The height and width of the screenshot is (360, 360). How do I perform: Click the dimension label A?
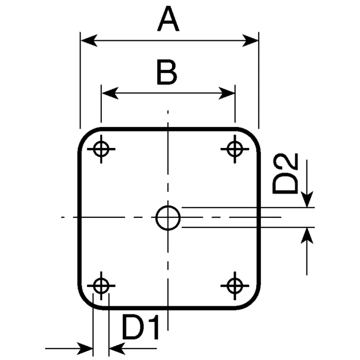[168, 19]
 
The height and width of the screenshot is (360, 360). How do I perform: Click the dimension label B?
[167, 72]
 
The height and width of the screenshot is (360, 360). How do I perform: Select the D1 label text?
[140, 327]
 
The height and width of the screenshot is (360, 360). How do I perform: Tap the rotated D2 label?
[285, 174]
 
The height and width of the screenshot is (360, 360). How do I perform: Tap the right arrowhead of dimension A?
[251, 40]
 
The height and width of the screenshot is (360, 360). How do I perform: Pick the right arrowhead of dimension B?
[226, 93]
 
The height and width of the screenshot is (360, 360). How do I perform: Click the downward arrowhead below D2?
[307, 199]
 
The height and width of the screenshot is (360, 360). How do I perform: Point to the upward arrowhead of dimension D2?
[307, 236]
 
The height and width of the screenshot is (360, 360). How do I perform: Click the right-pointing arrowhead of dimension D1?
[85, 348]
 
